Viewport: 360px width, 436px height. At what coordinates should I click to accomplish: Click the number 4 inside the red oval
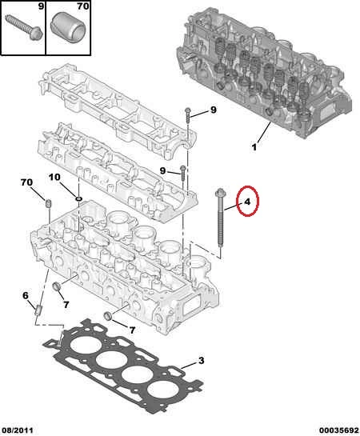click(x=247, y=202)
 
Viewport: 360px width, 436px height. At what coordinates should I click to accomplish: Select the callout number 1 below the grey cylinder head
click(x=254, y=147)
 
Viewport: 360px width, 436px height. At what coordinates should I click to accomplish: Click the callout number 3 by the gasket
click(x=202, y=360)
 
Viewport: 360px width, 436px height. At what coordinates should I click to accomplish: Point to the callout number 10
click(x=54, y=177)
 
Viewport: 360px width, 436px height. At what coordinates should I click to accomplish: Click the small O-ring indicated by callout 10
click(x=78, y=199)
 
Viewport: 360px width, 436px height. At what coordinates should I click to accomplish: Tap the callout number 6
click(x=26, y=295)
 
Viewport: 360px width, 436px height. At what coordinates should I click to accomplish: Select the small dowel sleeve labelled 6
click(x=38, y=310)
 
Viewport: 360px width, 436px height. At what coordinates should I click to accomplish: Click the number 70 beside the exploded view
click(x=26, y=182)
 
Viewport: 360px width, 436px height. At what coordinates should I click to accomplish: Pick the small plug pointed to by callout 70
click(x=49, y=203)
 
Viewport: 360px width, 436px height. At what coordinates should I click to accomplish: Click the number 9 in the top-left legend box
click(x=41, y=6)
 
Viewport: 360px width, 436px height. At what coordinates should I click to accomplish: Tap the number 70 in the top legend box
click(x=83, y=6)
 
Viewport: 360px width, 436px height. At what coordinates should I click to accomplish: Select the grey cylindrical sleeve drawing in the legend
click(x=67, y=27)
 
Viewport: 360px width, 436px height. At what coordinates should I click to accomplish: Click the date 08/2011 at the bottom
click(x=18, y=430)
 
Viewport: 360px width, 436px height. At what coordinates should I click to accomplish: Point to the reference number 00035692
click(x=339, y=430)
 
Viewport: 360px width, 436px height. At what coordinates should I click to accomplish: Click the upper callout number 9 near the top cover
click(x=214, y=110)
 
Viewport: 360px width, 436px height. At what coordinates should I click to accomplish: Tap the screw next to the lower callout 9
click(x=183, y=174)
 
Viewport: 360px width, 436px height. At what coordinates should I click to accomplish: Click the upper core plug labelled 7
click(x=57, y=286)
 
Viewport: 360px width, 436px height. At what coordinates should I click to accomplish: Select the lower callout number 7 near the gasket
click(x=132, y=330)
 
